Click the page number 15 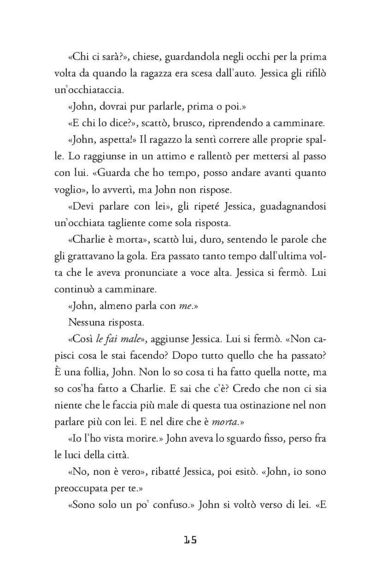click(190, 539)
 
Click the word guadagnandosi click(293, 207)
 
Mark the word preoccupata click(87, 489)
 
